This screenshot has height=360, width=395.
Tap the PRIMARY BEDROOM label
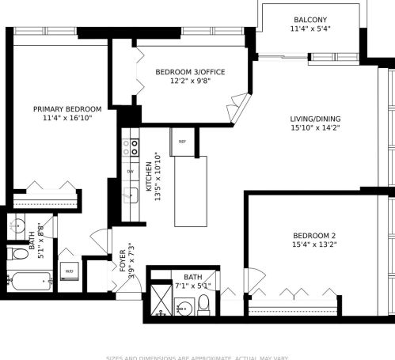point(67,109)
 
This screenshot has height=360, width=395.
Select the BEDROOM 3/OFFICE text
point(189,72)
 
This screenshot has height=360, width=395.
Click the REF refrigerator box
point(182,142)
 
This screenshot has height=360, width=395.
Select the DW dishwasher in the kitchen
point(130,172)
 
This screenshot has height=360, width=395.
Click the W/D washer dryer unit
point(69,271)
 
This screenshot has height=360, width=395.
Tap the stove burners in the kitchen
point(130,147)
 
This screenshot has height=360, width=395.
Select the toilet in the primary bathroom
point(18,254)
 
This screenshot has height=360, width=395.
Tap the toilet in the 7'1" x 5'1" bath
point(203,303)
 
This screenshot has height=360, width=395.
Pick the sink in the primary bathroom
point(17,225)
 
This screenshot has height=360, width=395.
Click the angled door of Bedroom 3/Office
point(238,105)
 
